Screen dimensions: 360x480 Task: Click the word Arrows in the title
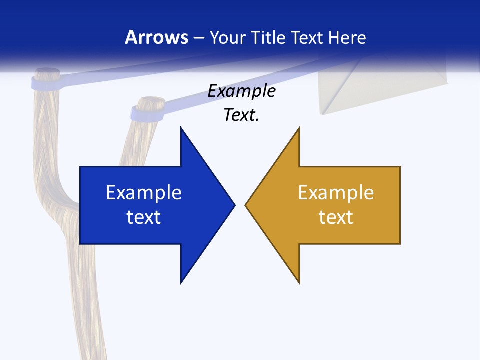pos(156,37)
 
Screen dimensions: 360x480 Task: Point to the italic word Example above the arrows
pos(241,91)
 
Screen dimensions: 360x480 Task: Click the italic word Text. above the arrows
pos(241,115)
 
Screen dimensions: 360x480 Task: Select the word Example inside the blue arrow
pos(144,192)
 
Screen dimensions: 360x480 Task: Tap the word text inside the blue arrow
pos(144,217)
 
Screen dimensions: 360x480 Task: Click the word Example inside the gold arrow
pos(336,192)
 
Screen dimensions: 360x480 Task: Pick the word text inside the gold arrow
pos(336,217)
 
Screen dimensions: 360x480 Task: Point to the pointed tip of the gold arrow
pos(246,205)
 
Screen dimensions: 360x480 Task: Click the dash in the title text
pos(198,38)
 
